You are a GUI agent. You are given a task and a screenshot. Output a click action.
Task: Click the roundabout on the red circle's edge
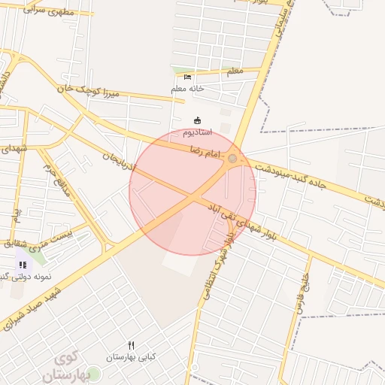[233, 159]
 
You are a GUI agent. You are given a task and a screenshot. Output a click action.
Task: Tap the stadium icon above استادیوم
[198, 120]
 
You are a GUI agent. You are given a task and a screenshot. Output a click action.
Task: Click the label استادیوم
[197, 132]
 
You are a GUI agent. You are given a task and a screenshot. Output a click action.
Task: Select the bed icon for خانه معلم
[187, 77]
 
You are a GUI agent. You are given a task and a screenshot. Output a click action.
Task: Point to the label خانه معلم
[187, 89]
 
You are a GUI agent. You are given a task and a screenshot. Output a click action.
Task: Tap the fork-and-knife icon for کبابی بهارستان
[132, 345]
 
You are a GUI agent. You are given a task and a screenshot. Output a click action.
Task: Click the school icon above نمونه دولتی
[23, 265]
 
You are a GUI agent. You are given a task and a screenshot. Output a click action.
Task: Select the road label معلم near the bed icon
[234, 71]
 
